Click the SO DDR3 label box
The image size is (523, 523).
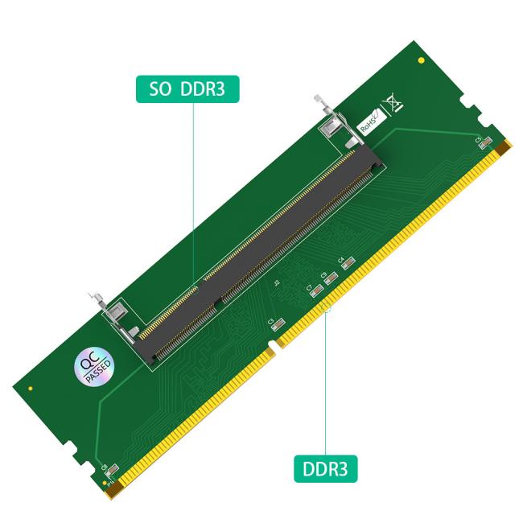187,89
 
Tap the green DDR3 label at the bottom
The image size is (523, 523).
325,468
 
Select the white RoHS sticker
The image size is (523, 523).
369,121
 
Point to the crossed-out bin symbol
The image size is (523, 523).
393,103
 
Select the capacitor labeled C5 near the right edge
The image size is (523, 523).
481,145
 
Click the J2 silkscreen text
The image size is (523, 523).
276,283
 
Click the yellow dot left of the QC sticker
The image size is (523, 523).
31,389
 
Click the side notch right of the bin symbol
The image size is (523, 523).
467,102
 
